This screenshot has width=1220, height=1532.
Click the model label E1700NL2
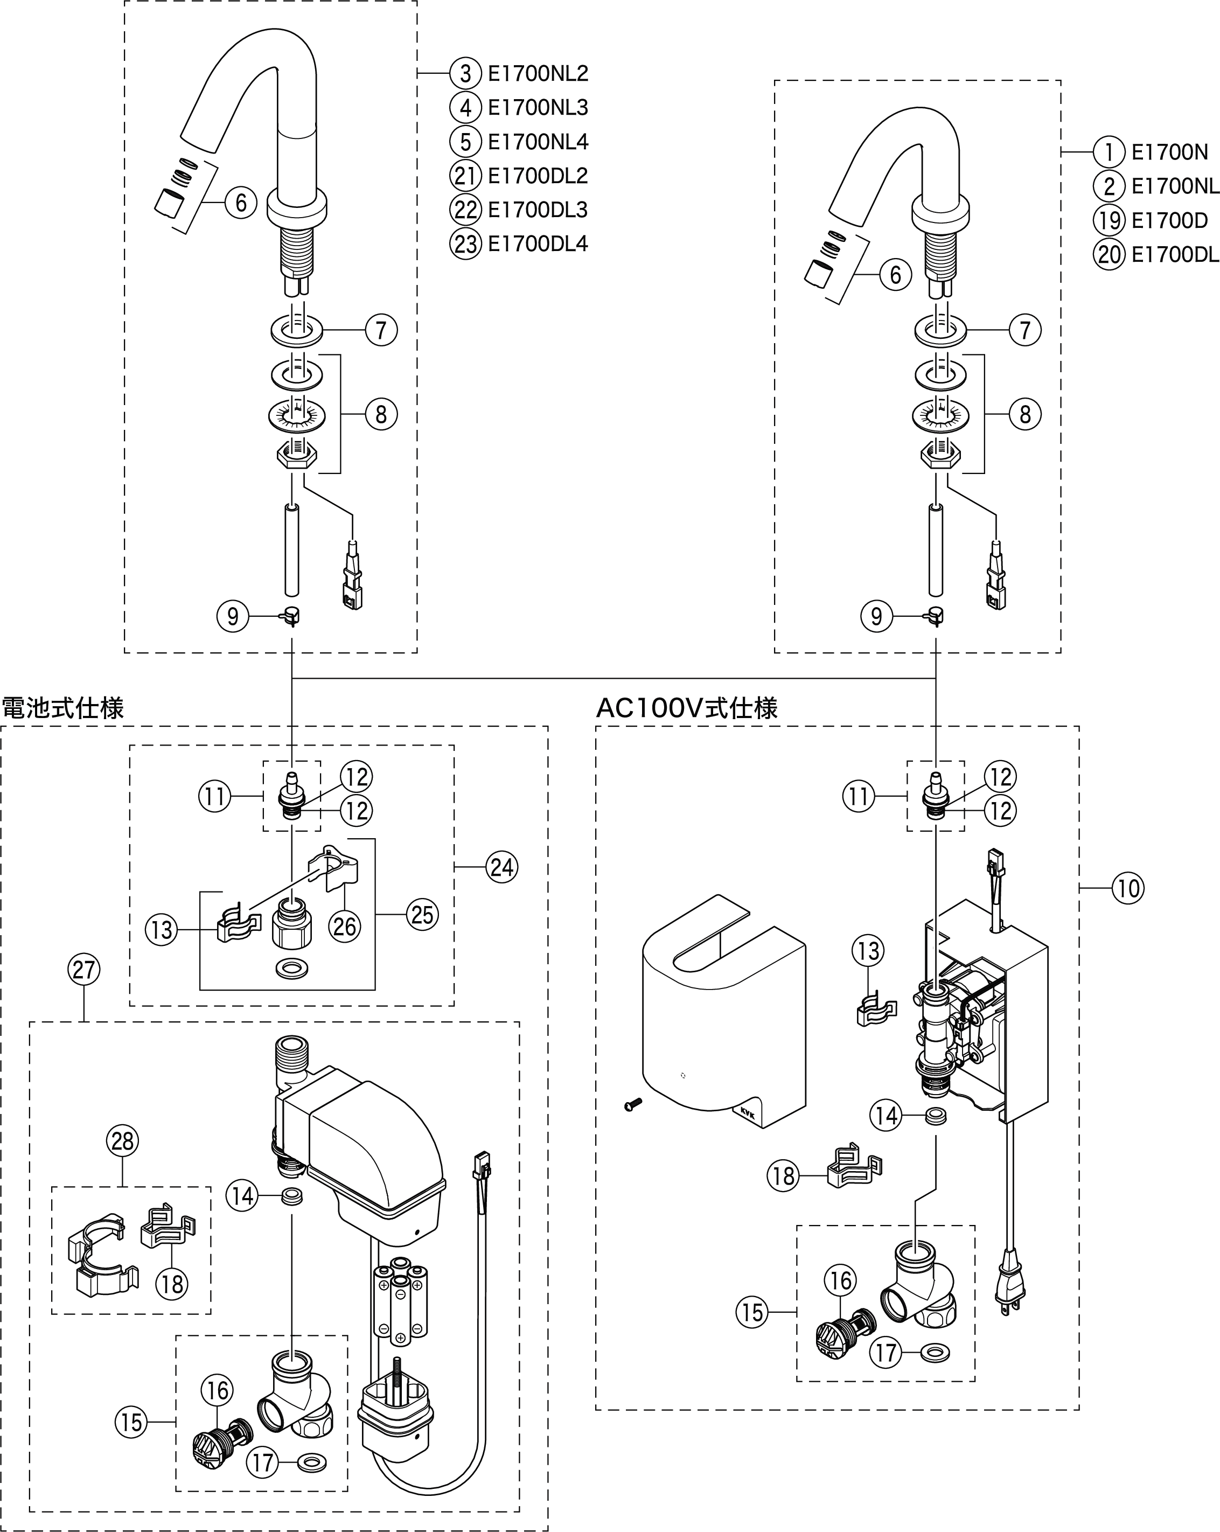pyautogui.click(x=538, y=73)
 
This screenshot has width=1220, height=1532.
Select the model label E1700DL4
pyautogui.click(x=538, y=243)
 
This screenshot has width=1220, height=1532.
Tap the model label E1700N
pyautogui.click(x=1169, y=152)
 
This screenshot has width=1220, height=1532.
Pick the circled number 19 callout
pyautogui.click(x=1109, y=220)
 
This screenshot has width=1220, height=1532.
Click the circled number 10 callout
pyautogui.click(x=1128, y=888)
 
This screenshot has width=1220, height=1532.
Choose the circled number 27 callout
pyautogui.click(x=84, y=969)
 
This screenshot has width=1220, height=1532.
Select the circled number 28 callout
pyautogui.click(x=122, y=1140)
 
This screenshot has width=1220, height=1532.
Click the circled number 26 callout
pyautogui.click(x=345, y=926)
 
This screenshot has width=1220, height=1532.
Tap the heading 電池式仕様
pyautogui.click(x=62, y=708)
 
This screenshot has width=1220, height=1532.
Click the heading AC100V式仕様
pyautogui.click(x=686, y=708)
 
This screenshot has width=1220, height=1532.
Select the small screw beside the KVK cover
pyautogui.click(x=632, y=1104)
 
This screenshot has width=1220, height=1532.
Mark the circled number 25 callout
pyautogui.click(x=422, y=915)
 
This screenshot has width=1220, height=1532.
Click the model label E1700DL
pyautogui.click(x=1175, y=254)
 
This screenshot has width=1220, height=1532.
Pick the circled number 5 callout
pyautogui.click(x=465, y=142)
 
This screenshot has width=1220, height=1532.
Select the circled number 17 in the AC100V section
pyautogui.click(x=886, y=1352)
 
